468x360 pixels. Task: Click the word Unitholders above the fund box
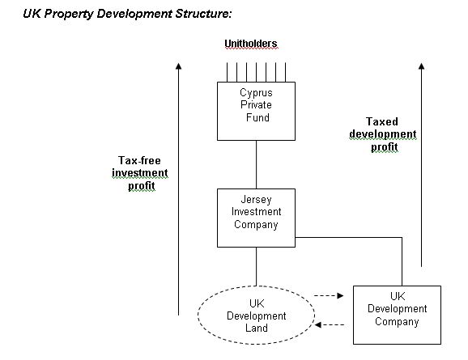[x=251, y=44]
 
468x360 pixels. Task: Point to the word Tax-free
[x=139, y=160]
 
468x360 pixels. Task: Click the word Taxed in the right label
[x=382, y=121]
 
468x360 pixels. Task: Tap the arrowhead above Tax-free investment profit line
[x=178, y=66]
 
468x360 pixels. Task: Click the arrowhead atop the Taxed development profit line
[x=421, y=66]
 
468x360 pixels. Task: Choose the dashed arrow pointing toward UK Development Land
[x=330, y=324]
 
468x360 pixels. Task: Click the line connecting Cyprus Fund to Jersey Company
[x=256, y=164]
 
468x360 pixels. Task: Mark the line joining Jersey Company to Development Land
[x=256, y=266]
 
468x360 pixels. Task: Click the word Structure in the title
[x=203, y=14]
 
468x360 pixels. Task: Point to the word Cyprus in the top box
[x=256, y=93]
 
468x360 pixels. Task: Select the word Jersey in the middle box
[x=256, y=200]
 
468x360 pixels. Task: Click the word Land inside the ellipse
[x=257, y=328]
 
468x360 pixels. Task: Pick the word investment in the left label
[x=140, y=173]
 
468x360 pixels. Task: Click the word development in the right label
[x=383, y=134]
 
